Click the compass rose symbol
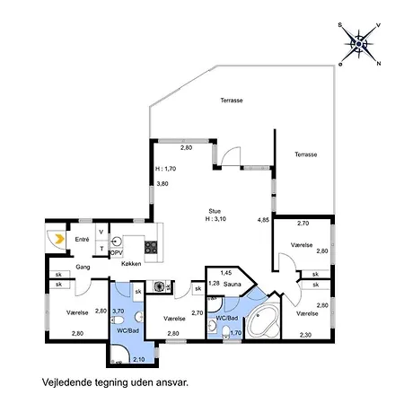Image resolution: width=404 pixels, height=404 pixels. point(361,42)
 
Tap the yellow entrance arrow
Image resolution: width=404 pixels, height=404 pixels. point(57,239)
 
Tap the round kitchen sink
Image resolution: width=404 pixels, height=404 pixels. point(117,241)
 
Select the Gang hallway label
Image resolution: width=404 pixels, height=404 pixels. point(83,267)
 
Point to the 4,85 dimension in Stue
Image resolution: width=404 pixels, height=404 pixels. point(263,219)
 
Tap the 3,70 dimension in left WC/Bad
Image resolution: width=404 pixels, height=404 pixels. point(117,310)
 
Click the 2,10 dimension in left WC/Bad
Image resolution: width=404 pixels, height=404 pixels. point(139,359)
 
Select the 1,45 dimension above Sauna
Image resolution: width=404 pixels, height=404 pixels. point(226,272)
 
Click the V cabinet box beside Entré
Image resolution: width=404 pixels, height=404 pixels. point(101,231)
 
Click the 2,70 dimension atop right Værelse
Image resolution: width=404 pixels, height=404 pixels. point(303,223)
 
